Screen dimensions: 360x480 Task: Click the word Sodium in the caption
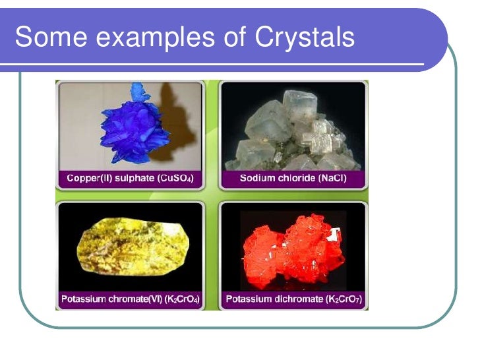(257, 178)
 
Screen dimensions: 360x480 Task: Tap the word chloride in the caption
(295, 178)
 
